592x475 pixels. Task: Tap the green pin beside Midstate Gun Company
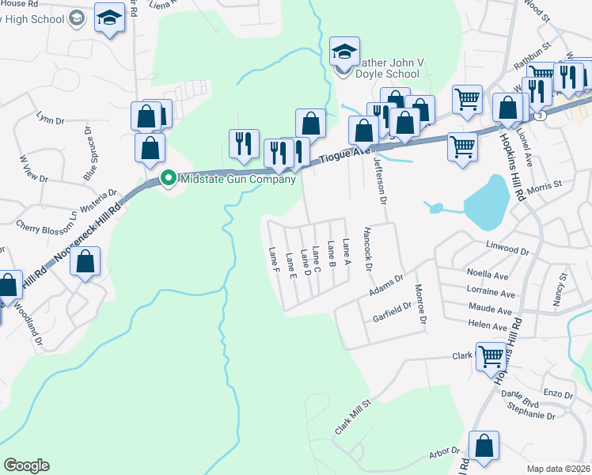(168, 179)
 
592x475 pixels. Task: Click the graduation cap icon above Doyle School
(345, 52)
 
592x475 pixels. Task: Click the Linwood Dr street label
(507, 249)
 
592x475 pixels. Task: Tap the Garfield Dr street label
(393, 313)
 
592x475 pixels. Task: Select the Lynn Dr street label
(51, 119)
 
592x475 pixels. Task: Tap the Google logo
(26, 465)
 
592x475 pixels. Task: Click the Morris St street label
(567, 184)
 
